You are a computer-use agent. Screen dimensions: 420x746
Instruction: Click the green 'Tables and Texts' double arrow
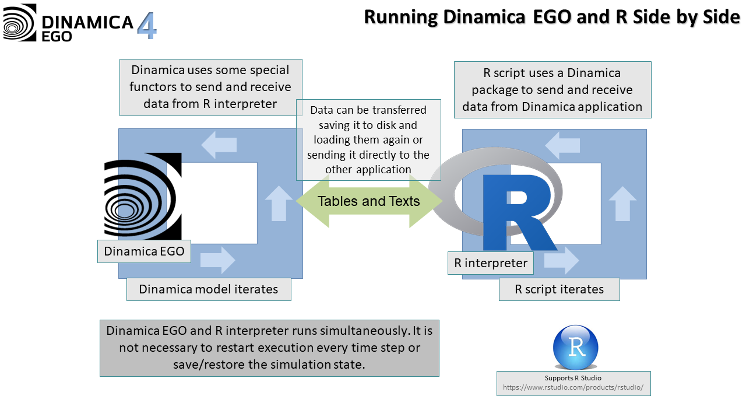[x=368, y=201]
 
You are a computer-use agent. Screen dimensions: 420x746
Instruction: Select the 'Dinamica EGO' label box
[x=144, y=251]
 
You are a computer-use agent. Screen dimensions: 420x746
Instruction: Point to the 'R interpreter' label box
[x=491, y=263]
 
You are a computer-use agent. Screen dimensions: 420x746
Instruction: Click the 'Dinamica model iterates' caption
[x=209, y=289]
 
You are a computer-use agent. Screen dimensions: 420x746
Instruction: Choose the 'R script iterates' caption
[x=559, y=289]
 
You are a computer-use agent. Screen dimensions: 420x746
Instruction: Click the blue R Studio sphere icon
[x=576, y=347]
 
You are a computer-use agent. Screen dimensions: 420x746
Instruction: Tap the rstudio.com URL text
[x=573, y=388]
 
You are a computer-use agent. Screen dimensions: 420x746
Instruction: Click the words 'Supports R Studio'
[x=573, y=378]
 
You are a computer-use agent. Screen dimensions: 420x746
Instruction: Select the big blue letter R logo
[x=516, y=210]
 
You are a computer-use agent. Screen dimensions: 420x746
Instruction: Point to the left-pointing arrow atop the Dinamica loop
[x=219, y=145]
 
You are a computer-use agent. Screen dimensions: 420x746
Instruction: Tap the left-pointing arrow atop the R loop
[x=562, y=145]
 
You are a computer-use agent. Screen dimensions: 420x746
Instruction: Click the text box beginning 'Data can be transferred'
[x=368, y=140]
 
